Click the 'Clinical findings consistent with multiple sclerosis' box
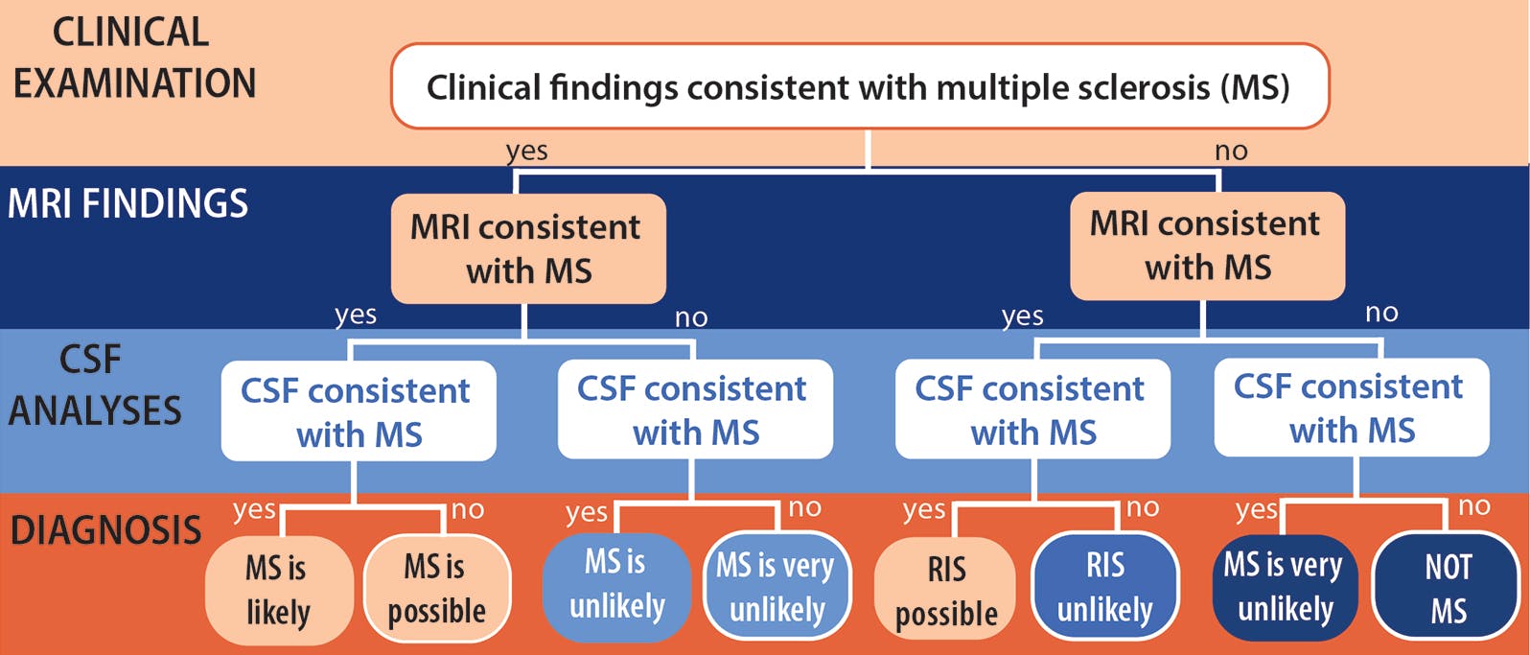tap(859, 86)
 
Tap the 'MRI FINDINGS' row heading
tap(127, 203)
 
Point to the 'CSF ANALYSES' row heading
tap(94, 386)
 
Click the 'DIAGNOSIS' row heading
tap(105, 530)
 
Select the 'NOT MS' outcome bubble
tap(1447, 588)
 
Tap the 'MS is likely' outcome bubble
tap(278, 589)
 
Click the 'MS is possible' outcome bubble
tap(436, 588)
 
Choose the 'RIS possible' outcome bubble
tap(945, 590)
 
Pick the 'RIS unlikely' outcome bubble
tap(1104, 587)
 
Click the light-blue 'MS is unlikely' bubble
tap(616, 584)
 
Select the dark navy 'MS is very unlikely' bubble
tap(1284, 587)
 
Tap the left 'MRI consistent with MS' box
tap(527, 248)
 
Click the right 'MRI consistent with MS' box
tap(1206, 246)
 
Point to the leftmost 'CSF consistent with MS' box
tap(358, 411)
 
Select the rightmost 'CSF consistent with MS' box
tap(1351, 408)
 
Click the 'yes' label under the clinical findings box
tap(526, 151)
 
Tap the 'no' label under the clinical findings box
tap(1231, 151)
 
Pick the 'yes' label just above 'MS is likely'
tap(254, 509)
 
